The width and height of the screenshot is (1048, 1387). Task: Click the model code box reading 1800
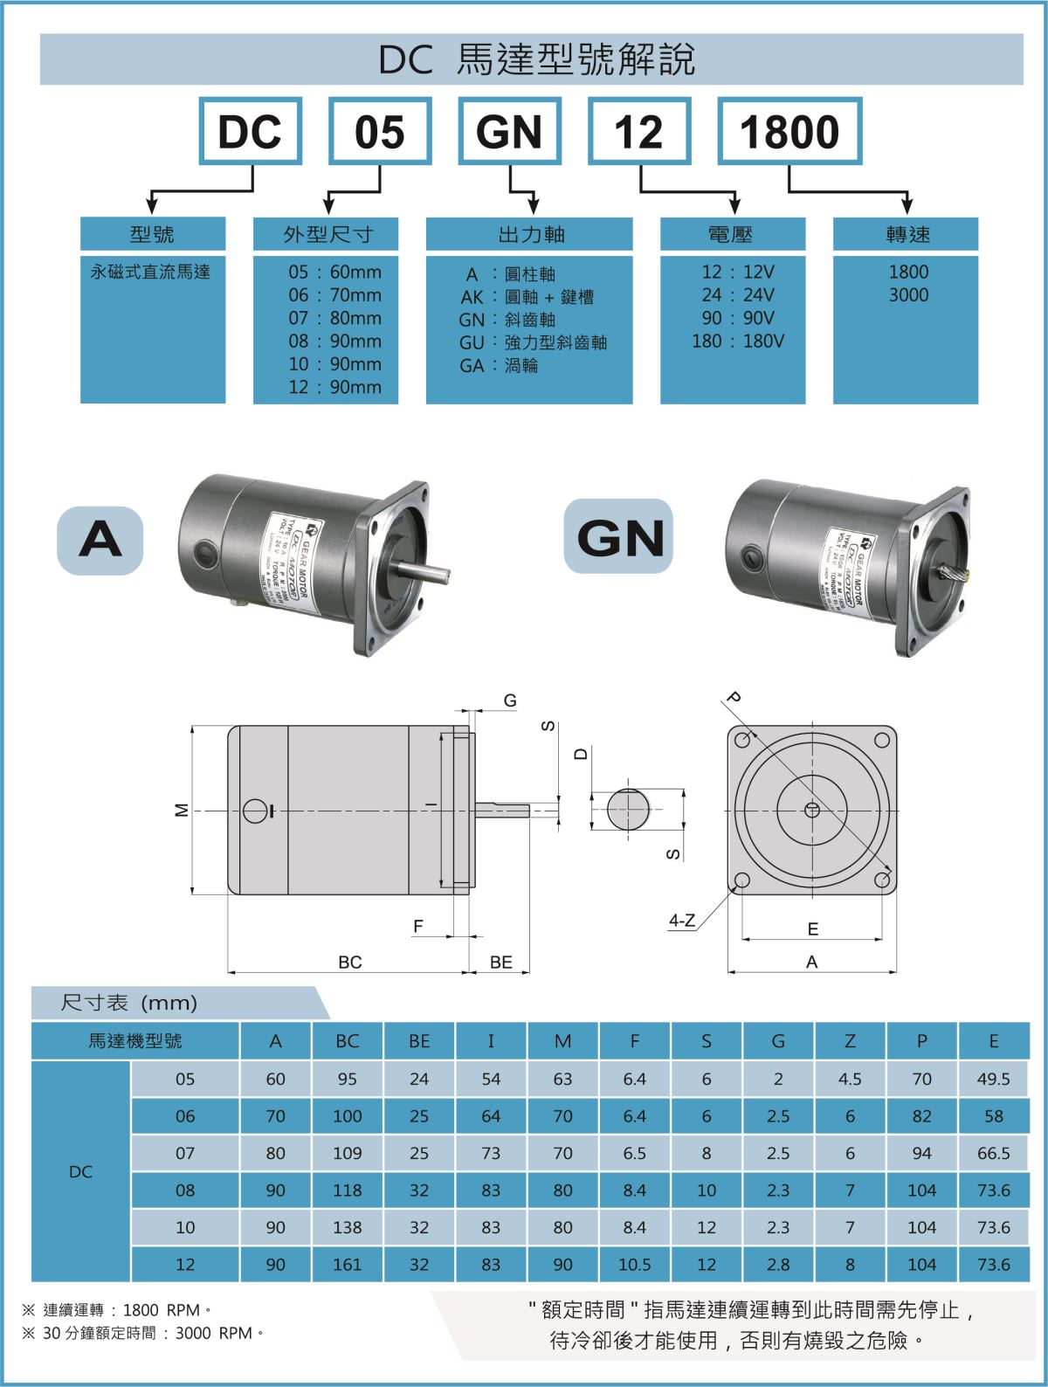[x=789, y=131]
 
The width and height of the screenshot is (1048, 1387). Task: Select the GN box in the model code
[x=509, y=131]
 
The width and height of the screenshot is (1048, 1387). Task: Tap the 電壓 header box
[x=732, y=234]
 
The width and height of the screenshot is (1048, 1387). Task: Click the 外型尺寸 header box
[x=326, y=234]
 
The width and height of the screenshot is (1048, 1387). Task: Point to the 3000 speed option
[x=908, y=295]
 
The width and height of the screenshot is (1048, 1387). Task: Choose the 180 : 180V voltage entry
[x=738, y=341]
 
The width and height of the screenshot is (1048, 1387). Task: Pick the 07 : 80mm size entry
[x=335, y=318]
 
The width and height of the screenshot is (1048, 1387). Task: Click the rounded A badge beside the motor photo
[x=100, y=537]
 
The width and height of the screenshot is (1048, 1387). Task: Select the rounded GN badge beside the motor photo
[x=619, y=537]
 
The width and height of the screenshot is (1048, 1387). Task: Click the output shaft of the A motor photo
[x=424, y=574]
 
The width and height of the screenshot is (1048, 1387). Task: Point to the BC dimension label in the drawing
[x=349, y=962]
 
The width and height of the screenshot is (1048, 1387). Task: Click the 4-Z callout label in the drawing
[x=682, y=921]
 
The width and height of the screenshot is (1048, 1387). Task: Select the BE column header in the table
[x=419, y=1041]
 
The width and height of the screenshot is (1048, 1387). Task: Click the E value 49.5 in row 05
[x=994, y=1079]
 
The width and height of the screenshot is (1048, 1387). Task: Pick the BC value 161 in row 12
[x=348, y=1264]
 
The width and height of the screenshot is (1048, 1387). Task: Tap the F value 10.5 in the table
[x=635, y=1264]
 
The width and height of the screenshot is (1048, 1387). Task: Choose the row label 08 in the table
[x=185, y=1190]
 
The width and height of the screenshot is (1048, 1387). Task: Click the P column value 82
[x=922, y=1116]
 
